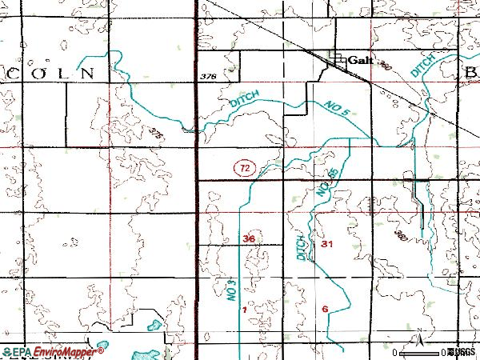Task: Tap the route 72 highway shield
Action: tap(246, 168)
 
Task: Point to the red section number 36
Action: tap(249, 238)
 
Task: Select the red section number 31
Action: tap(326, 243)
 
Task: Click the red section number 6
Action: tap(325, 309)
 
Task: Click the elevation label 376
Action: tap(210, 76)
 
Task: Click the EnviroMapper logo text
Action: tap(56, 351)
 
